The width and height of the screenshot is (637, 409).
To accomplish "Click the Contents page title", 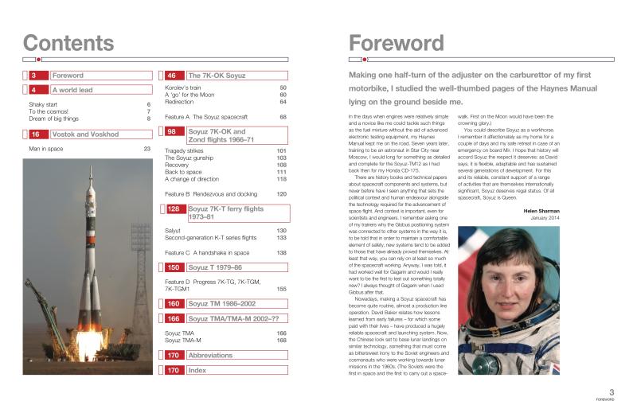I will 68,42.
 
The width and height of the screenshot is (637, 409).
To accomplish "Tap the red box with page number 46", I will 172,76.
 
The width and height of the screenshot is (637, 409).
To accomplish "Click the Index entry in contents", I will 197,392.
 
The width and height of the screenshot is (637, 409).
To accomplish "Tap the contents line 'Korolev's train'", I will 189,88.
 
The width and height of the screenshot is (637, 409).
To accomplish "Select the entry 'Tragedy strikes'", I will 186,150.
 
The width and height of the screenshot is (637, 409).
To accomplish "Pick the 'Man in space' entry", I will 45,149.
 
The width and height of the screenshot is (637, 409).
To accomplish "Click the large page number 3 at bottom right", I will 611,391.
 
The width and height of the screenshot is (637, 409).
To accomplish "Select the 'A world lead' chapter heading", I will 73,90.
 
